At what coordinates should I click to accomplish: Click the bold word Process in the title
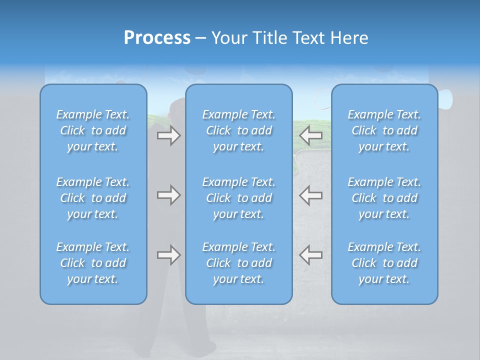click(157, 38)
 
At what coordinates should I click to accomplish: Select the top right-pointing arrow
click(168, 135)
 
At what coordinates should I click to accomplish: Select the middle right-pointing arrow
click(168, 195)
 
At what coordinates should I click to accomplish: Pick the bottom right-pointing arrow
click(168, 255)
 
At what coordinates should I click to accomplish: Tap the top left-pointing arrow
click(311, 135)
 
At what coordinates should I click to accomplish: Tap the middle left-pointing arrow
click(311, 195)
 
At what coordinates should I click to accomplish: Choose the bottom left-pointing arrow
click(311, 255)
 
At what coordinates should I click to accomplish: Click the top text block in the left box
click(93, 130)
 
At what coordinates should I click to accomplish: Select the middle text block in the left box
click(93, 198)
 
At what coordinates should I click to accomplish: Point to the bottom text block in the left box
click(93, 263)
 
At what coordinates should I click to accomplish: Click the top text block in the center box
click(238, 130)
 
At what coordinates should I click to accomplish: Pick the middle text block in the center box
click(238, 198)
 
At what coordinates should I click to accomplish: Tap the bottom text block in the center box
click(238, 263)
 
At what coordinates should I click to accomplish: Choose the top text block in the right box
click(384, 130)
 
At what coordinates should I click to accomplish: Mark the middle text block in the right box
click(384, 198)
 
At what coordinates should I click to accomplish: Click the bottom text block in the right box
click(384, 263)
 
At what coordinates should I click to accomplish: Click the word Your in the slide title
click(228, 38)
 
